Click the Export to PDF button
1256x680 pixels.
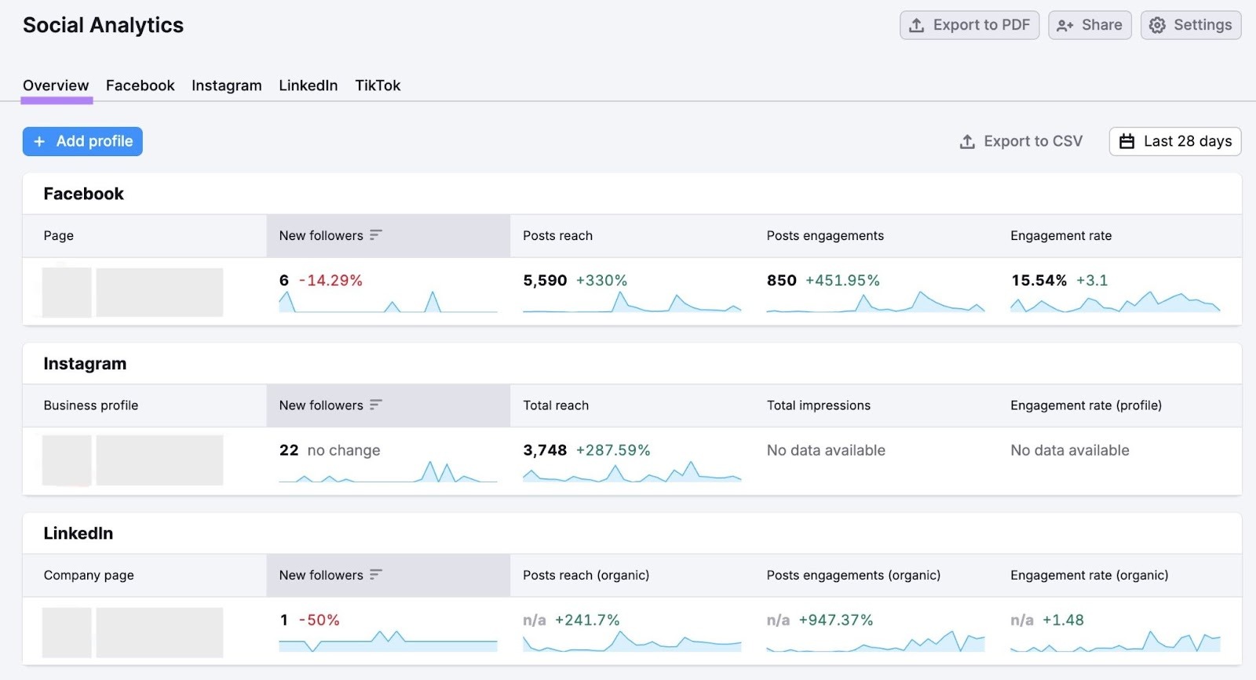pyautogui.click(x=969, y=25)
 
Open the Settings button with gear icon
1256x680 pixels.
pyautogui.click(x=1191, y=25)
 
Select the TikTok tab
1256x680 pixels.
pyautogui.click(x=378, y=85)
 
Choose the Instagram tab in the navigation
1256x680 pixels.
pyautogui.click(x=226, y=85)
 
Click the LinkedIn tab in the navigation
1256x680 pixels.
pyautogui.click(x=308, y=85)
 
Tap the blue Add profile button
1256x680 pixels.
pyautogui.click(x=82, y=141)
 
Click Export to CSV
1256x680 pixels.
pyautogui.click(x=1021, y=141)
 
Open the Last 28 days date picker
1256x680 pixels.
pyautogui.click(x=1175, y=141)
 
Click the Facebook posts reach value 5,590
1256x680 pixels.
pyautogui.click(x=545, y=280)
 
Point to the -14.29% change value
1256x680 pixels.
pyautogui.click(x=330, y=280)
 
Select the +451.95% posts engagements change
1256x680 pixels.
pyautogui.click(x=842, y=280)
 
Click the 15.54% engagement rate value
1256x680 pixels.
pyautogui.click(x=1039, y=280)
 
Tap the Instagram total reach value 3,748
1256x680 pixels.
pyautogui.click(x=545, y=450)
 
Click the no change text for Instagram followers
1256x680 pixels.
pyautogui.click(x=344, y=450)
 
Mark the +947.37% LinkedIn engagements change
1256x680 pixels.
pyautogui.click(x=835, y=620)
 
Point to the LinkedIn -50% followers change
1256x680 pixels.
pyautogui.click(x=319, y=620)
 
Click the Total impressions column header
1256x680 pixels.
pyautogui.click(x=818, y=405)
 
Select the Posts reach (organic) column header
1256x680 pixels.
pyautogui.click(x=586, y=575)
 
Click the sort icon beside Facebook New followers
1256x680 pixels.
pyautogui.click(x=375, y=235)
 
